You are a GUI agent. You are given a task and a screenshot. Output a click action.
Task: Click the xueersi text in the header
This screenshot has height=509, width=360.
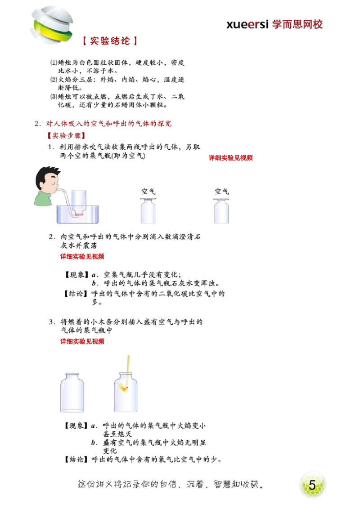pos(247,25)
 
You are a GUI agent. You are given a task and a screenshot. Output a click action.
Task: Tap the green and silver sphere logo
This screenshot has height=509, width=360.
pos(52,25)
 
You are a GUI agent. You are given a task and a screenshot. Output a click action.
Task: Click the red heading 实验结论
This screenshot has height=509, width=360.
pos(110,41)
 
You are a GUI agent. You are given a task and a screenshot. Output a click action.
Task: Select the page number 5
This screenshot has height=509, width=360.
pos(312,485)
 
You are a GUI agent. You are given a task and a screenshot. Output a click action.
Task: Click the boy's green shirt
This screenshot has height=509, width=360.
pos(43,199)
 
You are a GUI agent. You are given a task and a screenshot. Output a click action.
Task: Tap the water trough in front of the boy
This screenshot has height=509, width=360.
pos(78,214)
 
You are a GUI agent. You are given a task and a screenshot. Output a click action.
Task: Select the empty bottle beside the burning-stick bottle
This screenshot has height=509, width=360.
pos(72,393)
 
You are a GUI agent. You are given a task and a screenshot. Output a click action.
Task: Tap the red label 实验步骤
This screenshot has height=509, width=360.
pos(66,136)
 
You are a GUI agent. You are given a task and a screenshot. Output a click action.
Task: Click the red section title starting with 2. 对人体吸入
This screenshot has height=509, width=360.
pos(103,124)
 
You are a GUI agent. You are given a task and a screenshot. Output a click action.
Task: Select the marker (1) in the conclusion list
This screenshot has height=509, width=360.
pos(54,63)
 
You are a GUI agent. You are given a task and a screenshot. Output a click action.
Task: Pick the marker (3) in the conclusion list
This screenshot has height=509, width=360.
pos(54,97)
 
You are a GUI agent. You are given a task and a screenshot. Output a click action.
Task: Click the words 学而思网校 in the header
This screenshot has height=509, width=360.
pos(297,25)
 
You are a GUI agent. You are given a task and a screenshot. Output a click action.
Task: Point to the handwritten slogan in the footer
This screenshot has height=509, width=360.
pos(171,484)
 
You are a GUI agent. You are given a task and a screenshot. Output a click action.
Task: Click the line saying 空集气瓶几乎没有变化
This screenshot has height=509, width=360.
pos(142,275)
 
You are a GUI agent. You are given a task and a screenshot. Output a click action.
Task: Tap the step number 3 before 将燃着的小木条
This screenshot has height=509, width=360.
pos(52,322)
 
